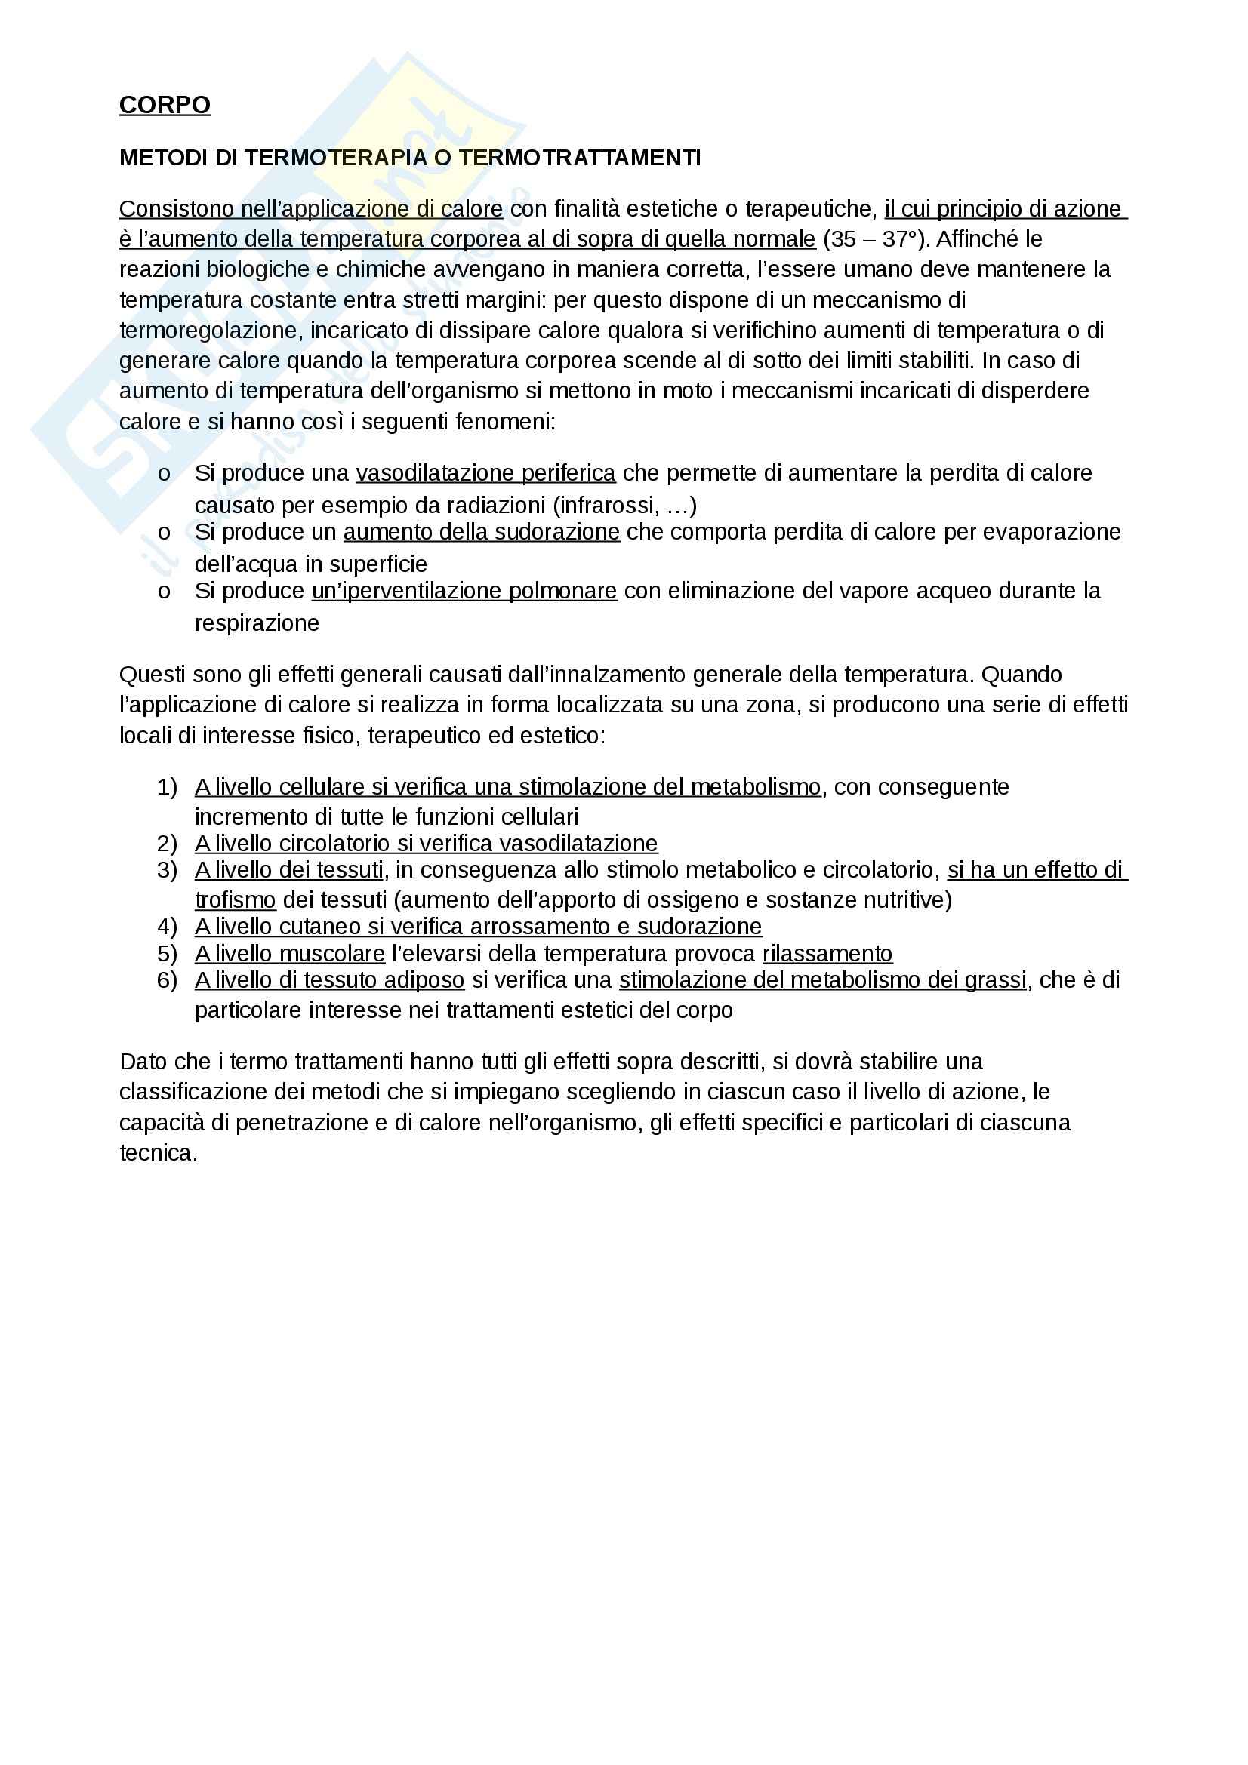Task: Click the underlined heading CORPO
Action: click(165, 105)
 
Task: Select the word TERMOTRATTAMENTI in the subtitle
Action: click(580, 158)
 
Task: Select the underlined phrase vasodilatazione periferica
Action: click(485, 473)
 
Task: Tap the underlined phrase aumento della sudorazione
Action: click(482, 532)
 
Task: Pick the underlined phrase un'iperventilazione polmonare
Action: click(464, 590)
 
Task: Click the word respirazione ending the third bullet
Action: click(256, 623)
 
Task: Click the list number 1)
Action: click(167, 787)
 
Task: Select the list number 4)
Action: click(167, 927)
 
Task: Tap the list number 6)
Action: click(167, 981)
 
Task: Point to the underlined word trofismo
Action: click(235, 900)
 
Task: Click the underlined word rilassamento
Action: click(827, 954)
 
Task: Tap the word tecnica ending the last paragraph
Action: click(158, 1153)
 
